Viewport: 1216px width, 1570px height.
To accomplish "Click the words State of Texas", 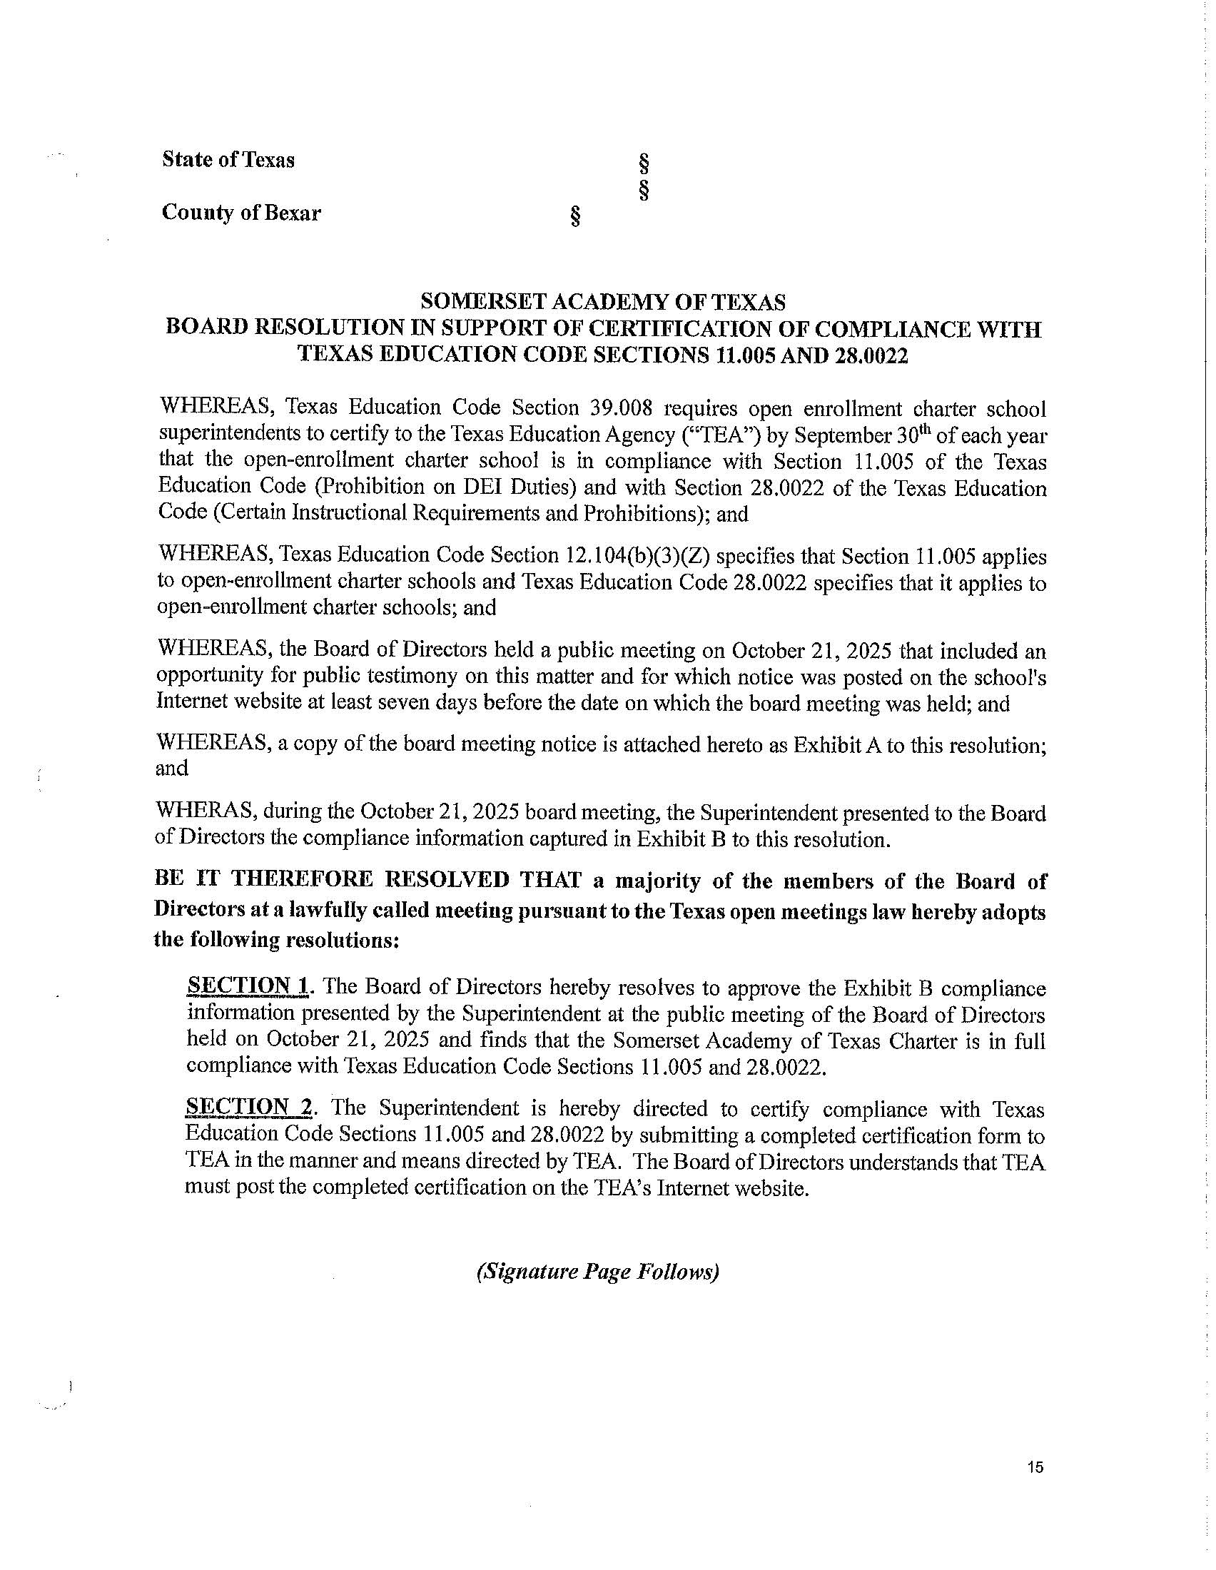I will [228, 160].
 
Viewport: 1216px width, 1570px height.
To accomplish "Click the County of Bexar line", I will [240, 213].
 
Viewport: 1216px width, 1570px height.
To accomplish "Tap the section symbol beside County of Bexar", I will [575, 216].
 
